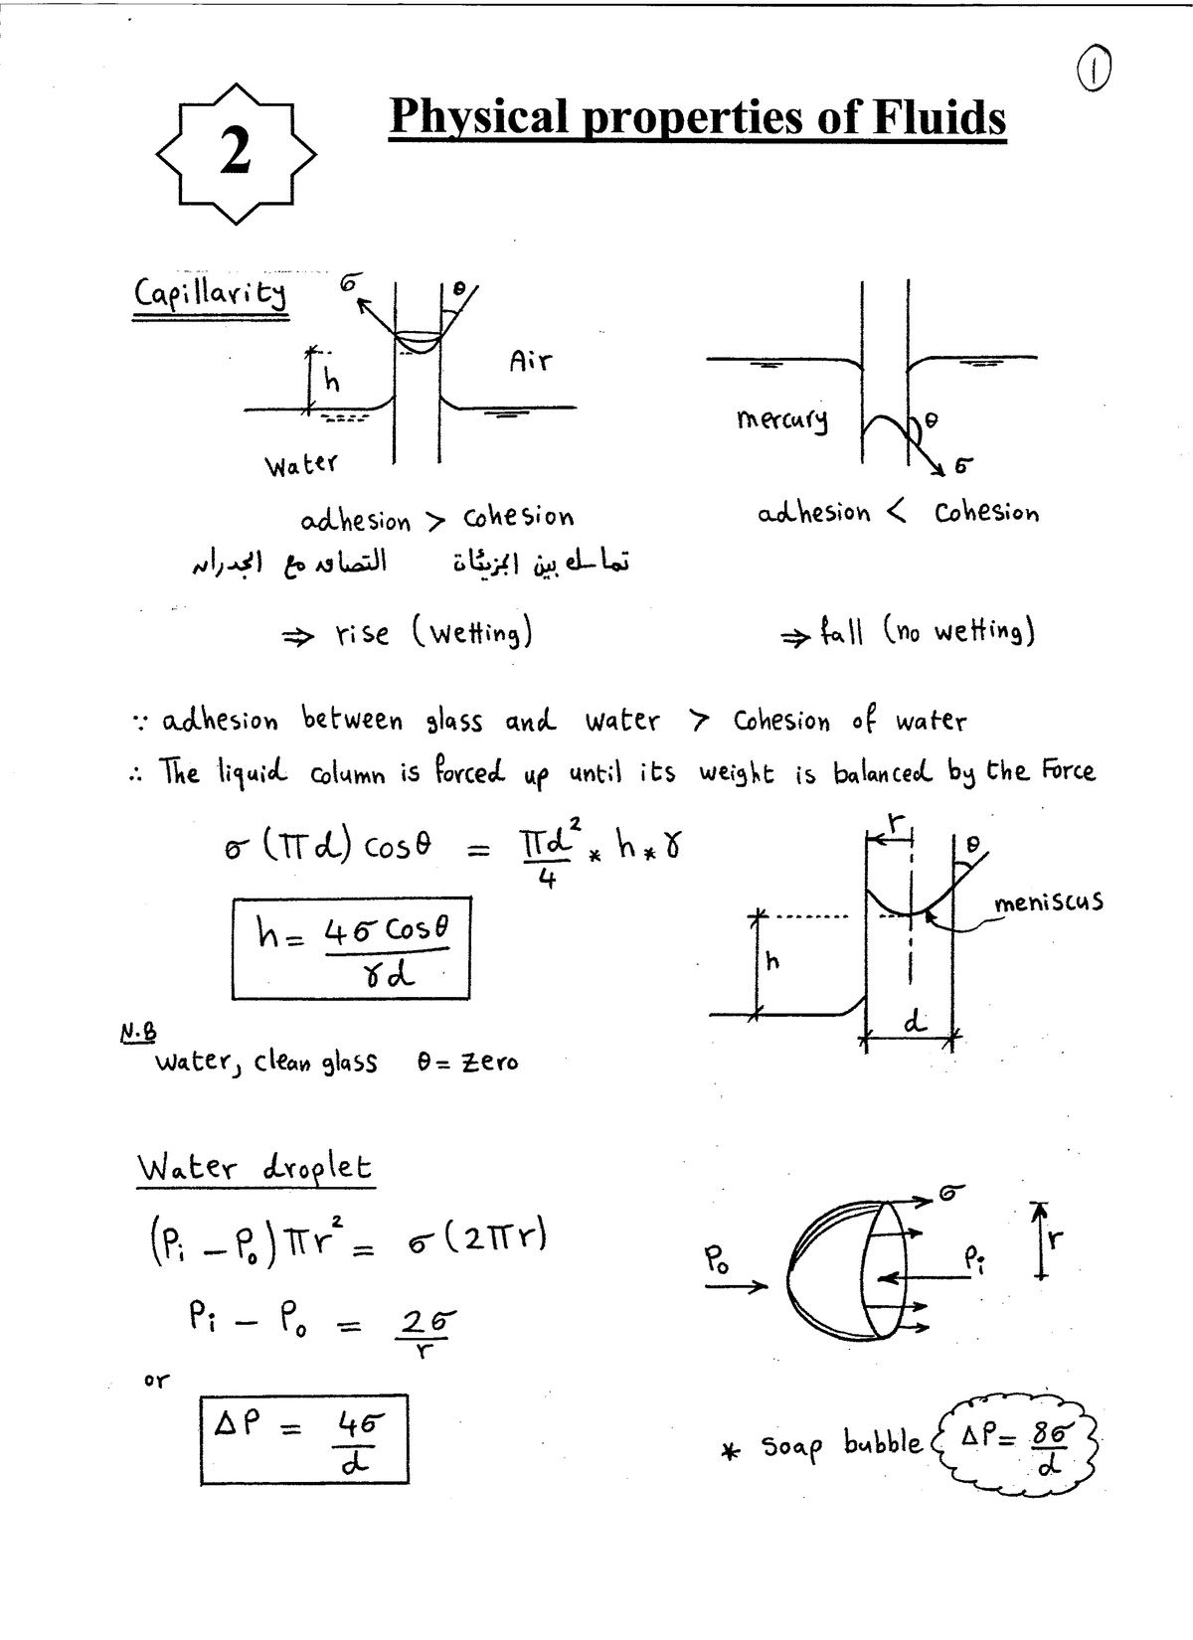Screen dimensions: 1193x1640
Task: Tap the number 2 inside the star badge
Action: (x=236, y=152)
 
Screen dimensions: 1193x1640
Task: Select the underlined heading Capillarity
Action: (x=210, y=293)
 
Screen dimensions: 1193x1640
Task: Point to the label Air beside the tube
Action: (x=530, y=361)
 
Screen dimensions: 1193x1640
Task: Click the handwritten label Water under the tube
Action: (x=300, y=464)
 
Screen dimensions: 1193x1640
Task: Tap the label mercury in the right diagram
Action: (x=781, y=420)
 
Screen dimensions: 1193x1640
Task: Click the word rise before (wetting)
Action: (x=362, y=633)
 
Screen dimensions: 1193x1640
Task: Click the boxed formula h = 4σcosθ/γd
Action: (x=351, y=948)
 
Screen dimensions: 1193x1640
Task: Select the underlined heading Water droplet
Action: (x=255, y=1167)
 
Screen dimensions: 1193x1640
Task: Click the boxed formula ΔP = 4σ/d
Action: (x=304, y=1441)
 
